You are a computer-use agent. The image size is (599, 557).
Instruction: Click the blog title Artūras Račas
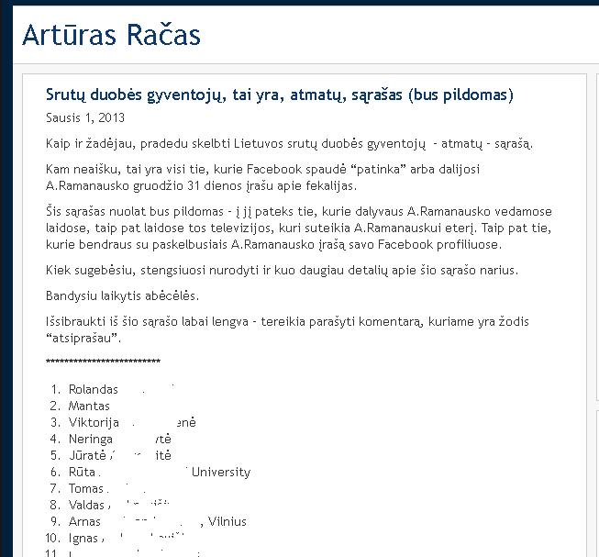(111, 36)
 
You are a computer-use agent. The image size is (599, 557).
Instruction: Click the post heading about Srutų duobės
(279, 95)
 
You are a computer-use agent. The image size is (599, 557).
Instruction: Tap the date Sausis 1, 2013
(85, 117)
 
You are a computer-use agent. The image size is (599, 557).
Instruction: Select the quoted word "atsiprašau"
(83, 338)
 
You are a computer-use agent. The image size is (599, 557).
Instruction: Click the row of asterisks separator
(103, 362)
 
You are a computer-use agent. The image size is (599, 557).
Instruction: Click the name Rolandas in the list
(94, 389)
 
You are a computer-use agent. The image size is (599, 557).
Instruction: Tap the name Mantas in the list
(89, 406)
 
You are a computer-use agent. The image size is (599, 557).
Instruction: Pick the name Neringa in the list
(92, 439)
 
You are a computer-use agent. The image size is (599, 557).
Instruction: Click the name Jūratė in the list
(88, 455)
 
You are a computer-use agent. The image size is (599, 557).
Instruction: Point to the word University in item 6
(220, 472)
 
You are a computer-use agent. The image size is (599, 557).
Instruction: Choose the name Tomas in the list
(86, 488)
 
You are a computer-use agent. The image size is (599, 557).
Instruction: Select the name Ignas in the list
(83, 538)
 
